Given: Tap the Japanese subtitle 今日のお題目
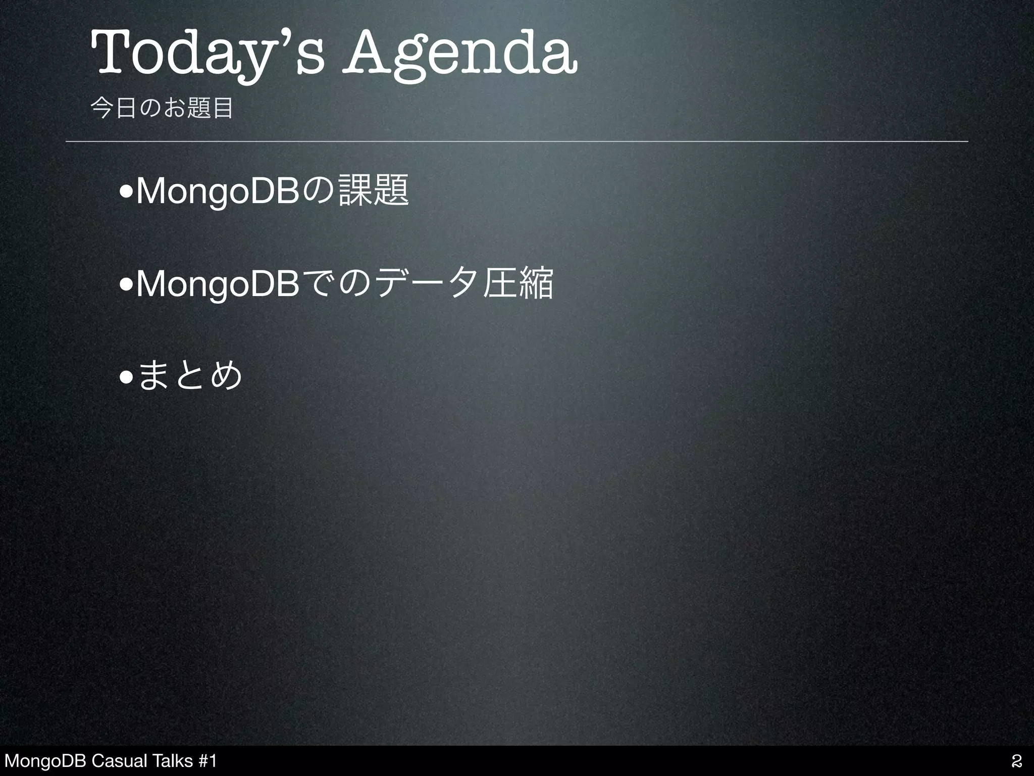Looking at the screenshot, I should pyautogui.click(x=162, y=108).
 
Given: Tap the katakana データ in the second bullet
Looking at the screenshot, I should pyautogui.click(x=424, y=284).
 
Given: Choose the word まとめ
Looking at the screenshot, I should pyautogui.click(x=190, y=376).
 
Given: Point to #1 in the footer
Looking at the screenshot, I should pyautogui.click(x=207, y=760).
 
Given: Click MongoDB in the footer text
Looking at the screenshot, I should pyautogui.click(x=44, y=760).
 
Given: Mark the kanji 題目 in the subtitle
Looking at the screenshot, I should pyautogui.click(x=210, y=108).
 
